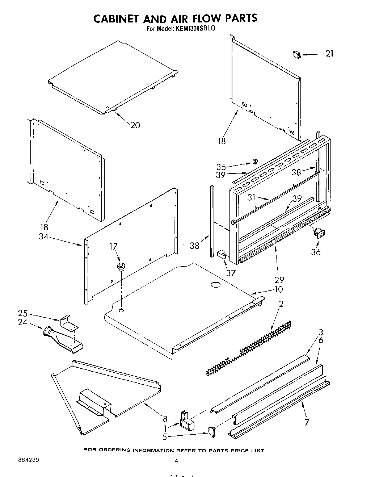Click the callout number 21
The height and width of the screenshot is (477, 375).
329,54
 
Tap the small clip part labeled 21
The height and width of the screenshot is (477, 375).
297,54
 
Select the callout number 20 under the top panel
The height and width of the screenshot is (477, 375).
135,125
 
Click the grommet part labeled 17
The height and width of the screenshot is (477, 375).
121,267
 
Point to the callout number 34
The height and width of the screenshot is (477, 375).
45,238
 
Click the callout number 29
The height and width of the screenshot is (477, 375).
279,279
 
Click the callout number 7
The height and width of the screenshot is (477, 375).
307,422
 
